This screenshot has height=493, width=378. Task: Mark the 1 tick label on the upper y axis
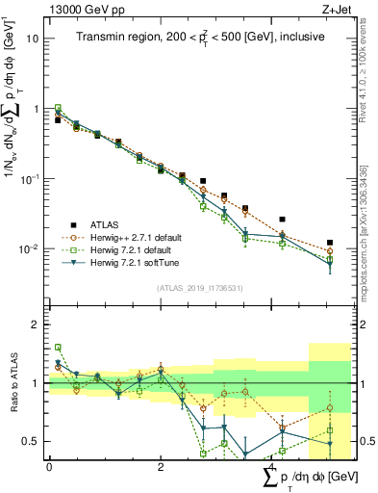point(36,109)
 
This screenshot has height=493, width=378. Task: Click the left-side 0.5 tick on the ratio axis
point(31,441)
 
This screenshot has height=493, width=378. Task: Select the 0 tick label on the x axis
point(49,467)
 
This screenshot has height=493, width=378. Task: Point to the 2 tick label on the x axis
point(161,467)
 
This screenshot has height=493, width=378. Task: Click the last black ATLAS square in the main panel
point(330,243)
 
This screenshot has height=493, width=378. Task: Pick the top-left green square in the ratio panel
point(58,348)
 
